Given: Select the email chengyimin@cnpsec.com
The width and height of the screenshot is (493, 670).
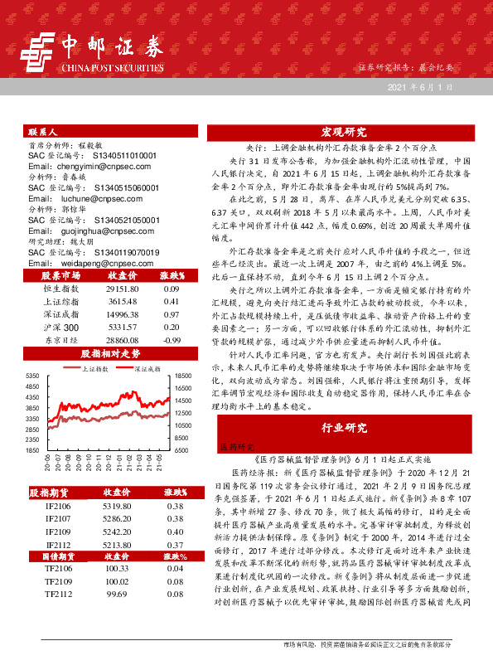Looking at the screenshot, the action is (80, 166).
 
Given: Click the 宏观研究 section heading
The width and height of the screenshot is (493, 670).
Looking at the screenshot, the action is (343, 132).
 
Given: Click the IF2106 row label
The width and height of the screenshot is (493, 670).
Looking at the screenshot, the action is (58, 505).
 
